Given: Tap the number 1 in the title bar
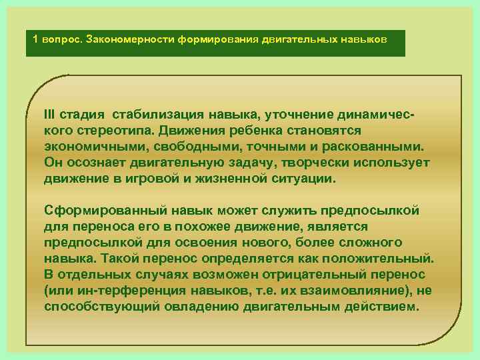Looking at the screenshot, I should (x=35, y=39).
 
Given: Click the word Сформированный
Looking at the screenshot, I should (x=93, y=210).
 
